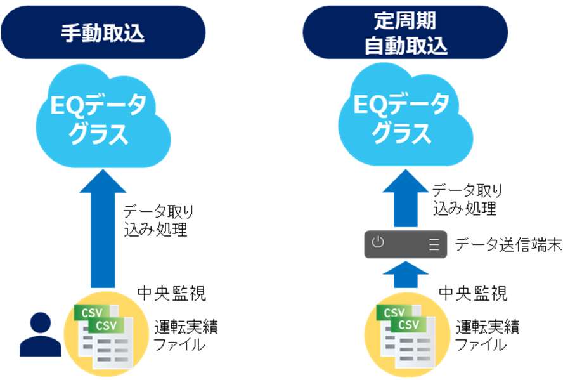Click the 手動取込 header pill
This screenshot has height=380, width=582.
(103, 32)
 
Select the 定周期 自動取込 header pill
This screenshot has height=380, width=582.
(405, 32)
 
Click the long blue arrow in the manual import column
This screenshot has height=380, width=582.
(103, 228)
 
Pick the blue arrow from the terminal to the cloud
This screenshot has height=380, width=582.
(405, 198)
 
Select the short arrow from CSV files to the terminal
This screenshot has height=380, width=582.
(405, 275)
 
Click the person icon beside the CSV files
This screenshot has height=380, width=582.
(40, 334)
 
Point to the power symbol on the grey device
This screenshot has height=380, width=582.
(378, 242)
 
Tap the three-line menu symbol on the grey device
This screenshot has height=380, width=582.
(434, 244)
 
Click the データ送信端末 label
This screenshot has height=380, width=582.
(508, 245)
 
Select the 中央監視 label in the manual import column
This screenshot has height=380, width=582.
(171, 293)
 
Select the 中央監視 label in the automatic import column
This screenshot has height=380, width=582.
(473, 293)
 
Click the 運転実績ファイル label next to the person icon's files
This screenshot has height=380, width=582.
(186, 335)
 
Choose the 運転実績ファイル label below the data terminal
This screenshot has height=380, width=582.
(487, 335)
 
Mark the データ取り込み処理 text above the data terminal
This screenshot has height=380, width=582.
(467, 199)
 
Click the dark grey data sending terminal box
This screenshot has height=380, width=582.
(406, 244)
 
